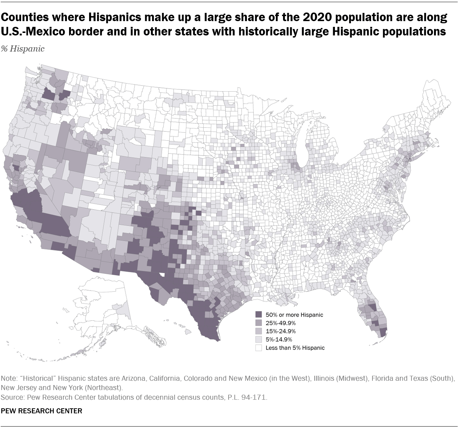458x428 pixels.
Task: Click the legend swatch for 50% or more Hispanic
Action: coord(258,315)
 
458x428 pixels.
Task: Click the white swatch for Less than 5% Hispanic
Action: coord(258,348)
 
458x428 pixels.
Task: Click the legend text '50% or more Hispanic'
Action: coord(294,315)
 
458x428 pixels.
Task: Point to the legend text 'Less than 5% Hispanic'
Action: coord(295,348)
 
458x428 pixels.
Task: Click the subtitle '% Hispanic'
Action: coord(23,49)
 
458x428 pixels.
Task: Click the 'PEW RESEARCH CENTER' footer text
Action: coord(42,411)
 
